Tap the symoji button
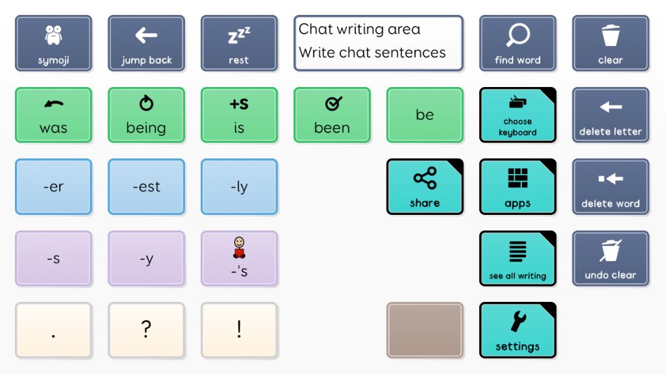click(x=53, y=44)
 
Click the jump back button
click(x=146, y=44)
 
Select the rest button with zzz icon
click(x=239, y=44)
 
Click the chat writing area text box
click(x=379, y=44)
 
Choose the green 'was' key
click(x=53, y=115)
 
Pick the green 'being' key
click(x=146, y=115)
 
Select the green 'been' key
click(x=332, y=115)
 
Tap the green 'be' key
click(x=425, y=115)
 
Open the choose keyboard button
click(x=518, y=115)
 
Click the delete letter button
click(x=610, y=115)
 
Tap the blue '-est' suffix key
click(x=146, y=186)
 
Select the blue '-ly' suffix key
click(x=239, y=186)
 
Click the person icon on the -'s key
click(x=239, y=247)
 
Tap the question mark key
click(x=146, y=330)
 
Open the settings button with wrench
click(x=518, y=330)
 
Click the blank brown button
click(x=425, y=330)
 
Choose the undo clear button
click(x=610, y=258)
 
